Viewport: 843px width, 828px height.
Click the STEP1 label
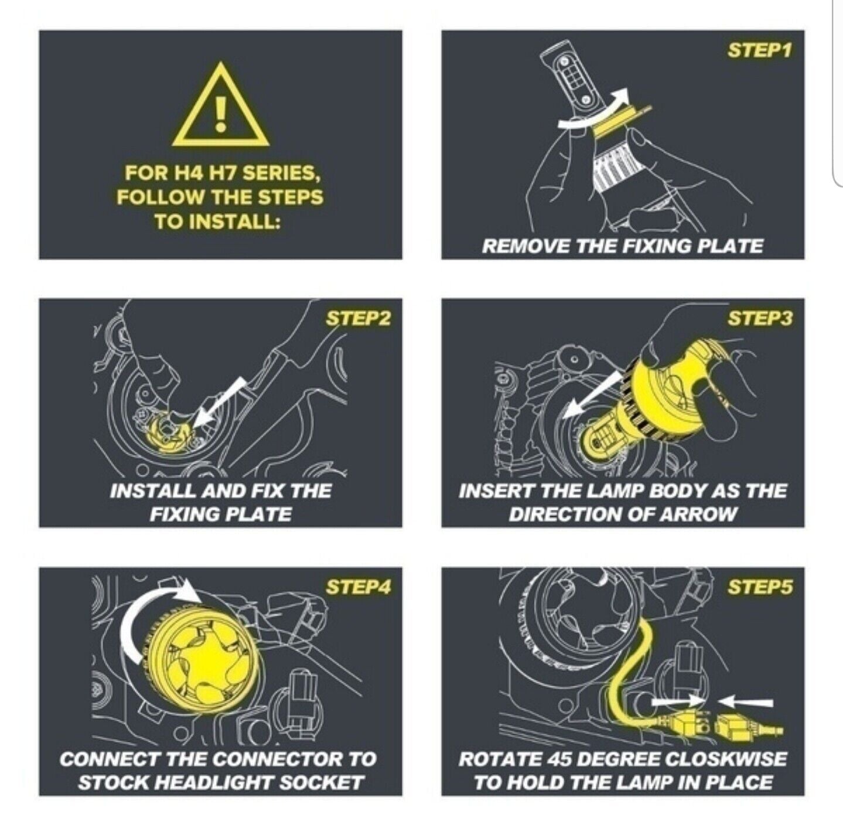coord(759,50)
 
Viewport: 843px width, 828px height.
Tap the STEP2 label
coord(358,319)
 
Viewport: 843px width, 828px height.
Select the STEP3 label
coord(759,319)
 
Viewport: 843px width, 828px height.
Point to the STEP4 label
coord(358,587)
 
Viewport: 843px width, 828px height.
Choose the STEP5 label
coord(759,587)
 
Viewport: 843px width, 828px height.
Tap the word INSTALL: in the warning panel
coord(217,222)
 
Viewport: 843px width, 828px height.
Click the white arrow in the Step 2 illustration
coord(219,403)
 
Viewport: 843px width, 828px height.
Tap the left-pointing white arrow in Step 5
coord(745,703)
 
